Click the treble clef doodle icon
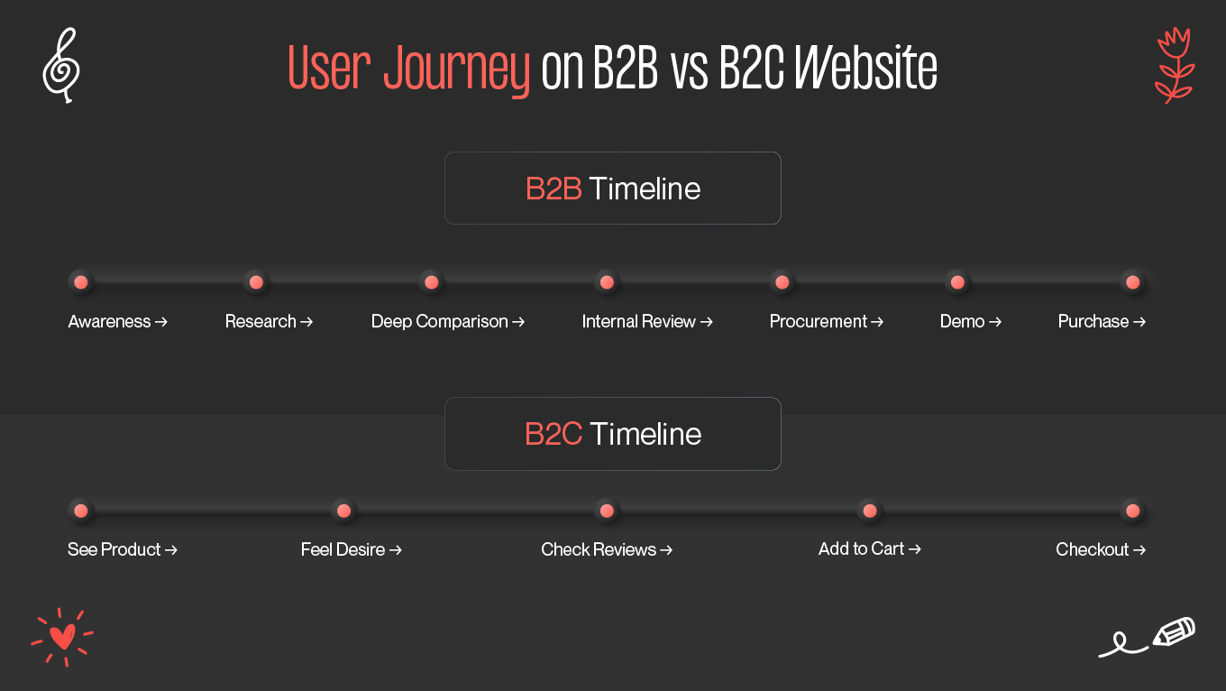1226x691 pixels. click(x=61, y=65)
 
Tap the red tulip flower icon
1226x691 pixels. click(x=1174, y=65)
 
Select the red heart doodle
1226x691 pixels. click(x=62, y=637)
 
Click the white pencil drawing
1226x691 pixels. click(x=1172, y=632)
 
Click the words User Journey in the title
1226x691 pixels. click(x=408, y=69)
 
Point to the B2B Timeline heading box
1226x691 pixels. click(x=612, y=189)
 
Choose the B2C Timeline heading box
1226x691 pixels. click(x=612, y=434)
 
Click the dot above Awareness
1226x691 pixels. click(x=80, y=282)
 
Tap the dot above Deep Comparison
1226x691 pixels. click(x=431, y=282)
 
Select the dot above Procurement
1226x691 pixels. click(x=782, y=282)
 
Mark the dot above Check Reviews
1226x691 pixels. click(x=607, y=511)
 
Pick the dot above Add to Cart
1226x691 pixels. click(x=869, y=511)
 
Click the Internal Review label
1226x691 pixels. click(x=639, y=322)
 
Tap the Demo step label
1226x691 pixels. click(x=962, y=322)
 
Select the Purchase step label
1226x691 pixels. click(x=1093, y=322)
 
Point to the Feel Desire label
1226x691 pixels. click(x=343, y=550)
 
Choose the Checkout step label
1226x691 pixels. click(x=1093, y=550)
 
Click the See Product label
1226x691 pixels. click(x=114, y=550)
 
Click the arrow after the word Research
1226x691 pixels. click(x=306, y=322)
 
